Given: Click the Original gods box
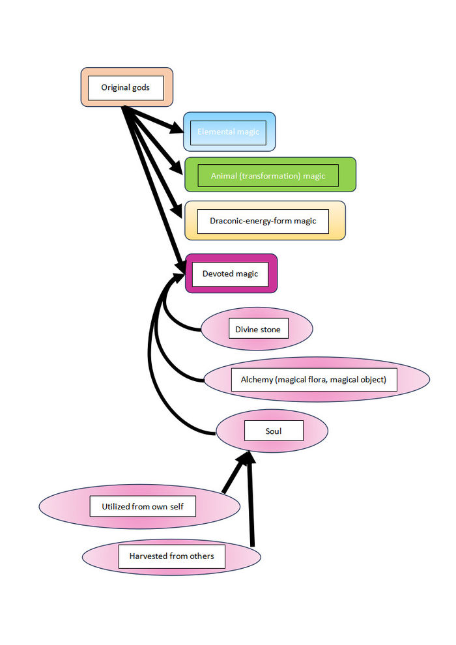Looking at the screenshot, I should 126,87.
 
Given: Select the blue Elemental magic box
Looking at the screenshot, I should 229,132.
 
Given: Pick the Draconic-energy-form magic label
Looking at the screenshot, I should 263,221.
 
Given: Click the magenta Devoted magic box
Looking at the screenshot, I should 231,274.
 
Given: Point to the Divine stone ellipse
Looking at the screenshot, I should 257,330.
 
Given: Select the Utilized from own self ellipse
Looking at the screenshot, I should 139,506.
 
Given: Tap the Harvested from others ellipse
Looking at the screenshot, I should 171,556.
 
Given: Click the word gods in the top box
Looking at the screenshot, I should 141,87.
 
